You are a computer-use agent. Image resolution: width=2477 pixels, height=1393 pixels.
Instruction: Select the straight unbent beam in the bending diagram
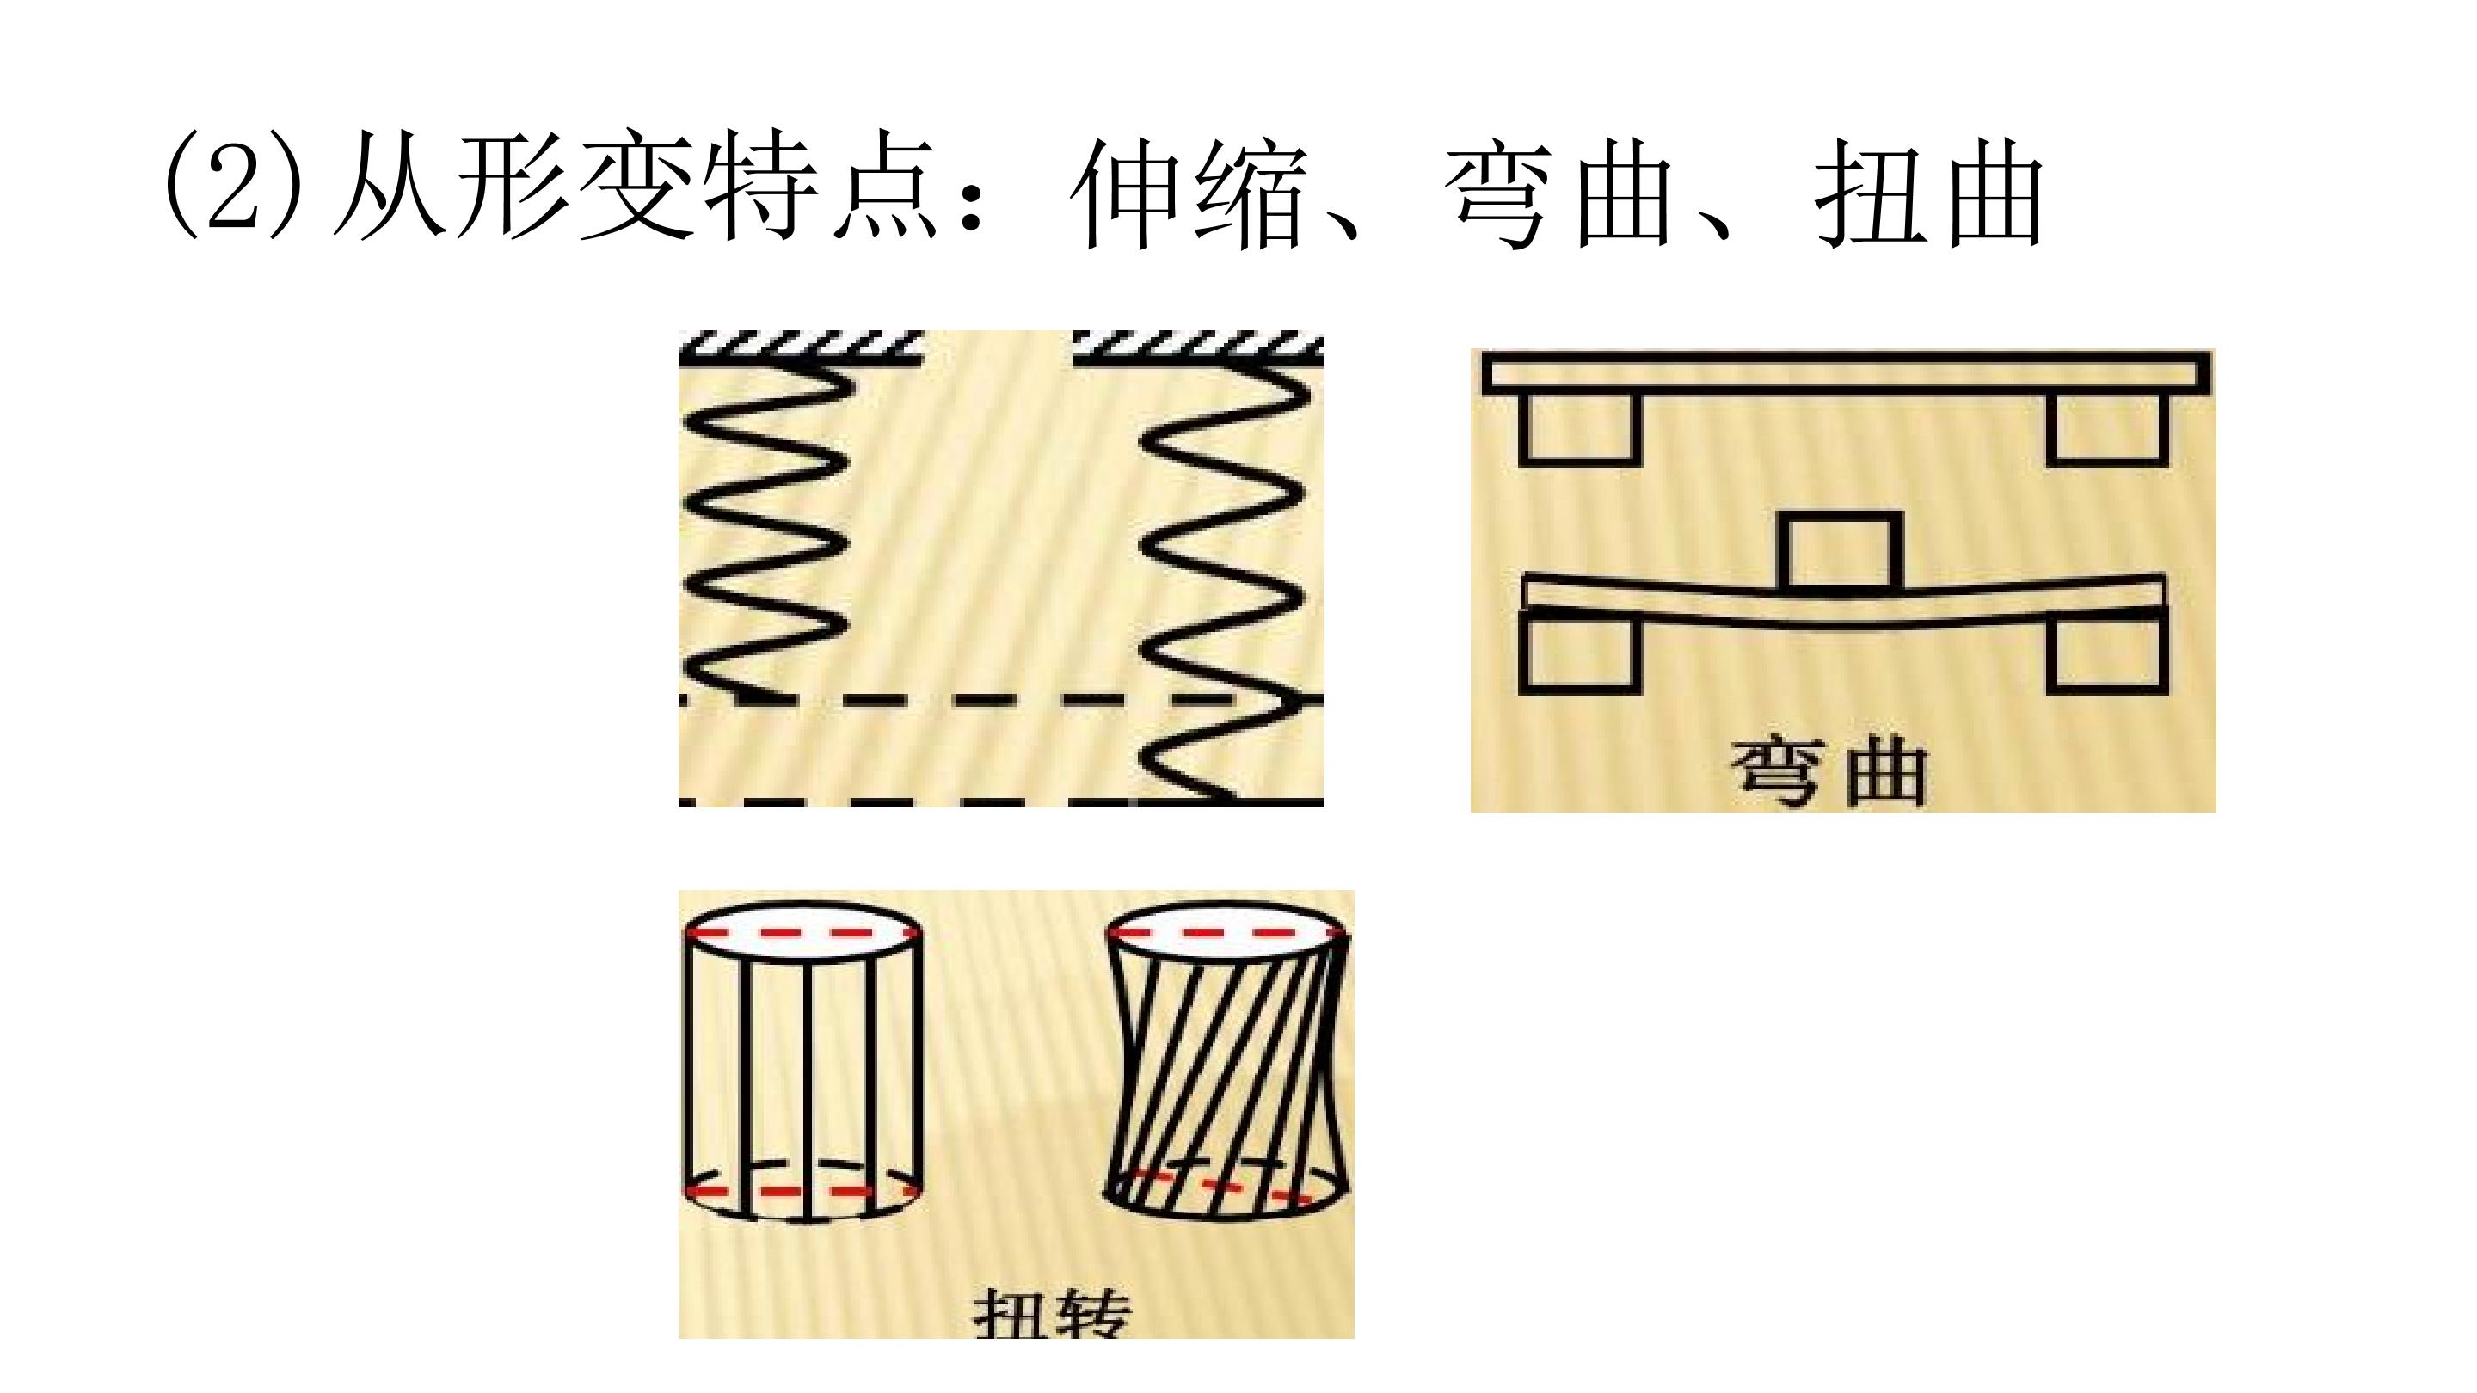(1844, 374)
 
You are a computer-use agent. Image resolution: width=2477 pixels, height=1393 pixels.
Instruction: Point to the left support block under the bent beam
(1578, 654)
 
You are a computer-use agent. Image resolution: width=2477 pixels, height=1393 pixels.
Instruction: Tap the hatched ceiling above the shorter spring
(801, 349)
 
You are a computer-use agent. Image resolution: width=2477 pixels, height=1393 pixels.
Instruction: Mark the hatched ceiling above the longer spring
(1197, 349)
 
